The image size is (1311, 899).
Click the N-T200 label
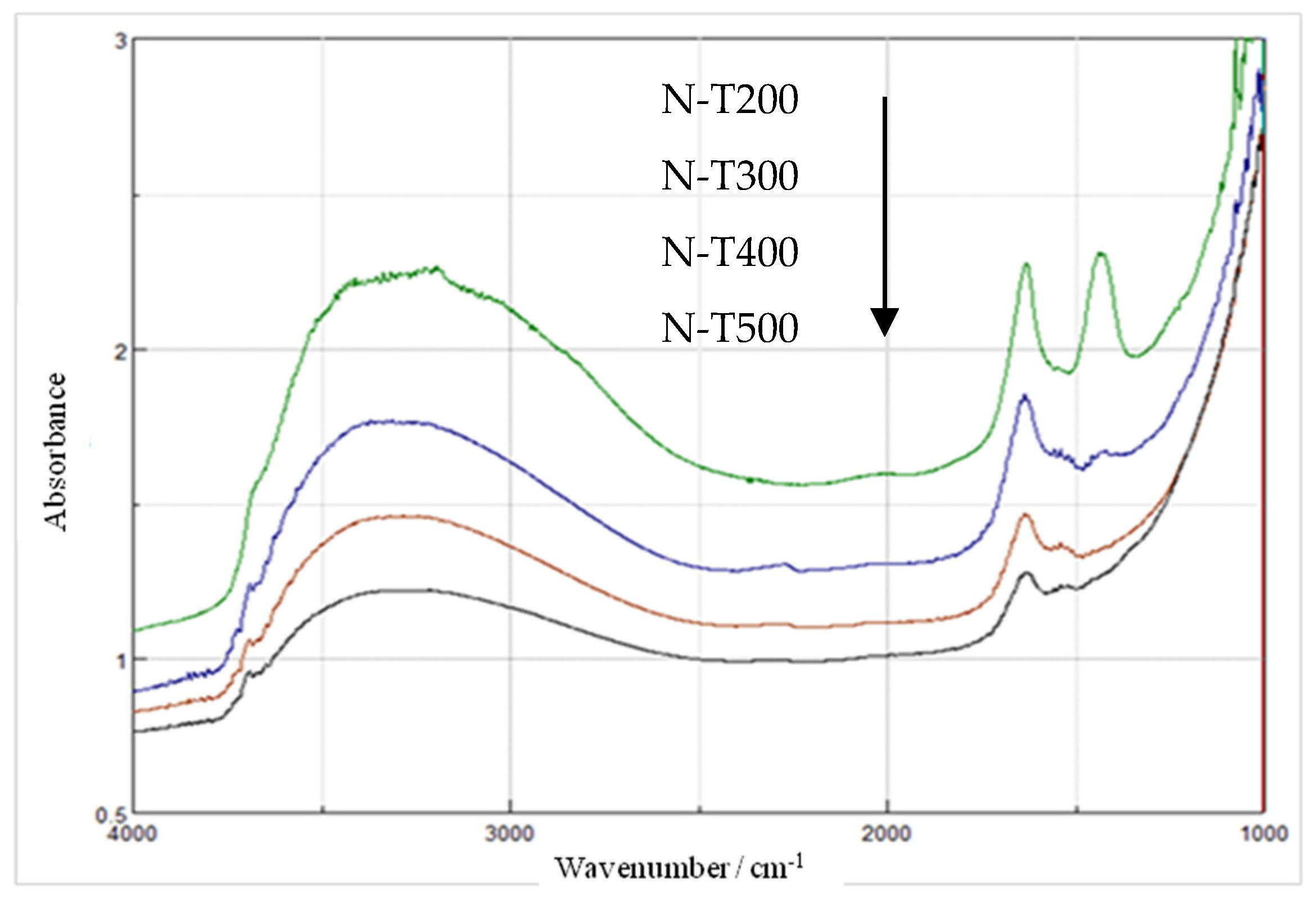click(729, 100)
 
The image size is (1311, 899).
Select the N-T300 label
click(729, 175)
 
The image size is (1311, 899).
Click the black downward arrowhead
click(884, 322)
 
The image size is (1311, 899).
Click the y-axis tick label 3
click(121, 41)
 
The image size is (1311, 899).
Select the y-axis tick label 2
click(121, 352)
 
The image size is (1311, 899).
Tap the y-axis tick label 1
click(121, 661)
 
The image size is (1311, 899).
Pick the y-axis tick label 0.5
click(111, 815)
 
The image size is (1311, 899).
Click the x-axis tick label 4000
click(132, 834)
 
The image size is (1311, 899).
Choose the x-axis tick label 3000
click(509, 834)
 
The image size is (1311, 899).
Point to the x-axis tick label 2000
click(885, 834)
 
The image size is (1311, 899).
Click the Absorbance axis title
click(55, 452)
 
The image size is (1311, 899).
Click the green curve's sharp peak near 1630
click(1026, 264)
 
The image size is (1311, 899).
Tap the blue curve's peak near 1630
click(1024, 396)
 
